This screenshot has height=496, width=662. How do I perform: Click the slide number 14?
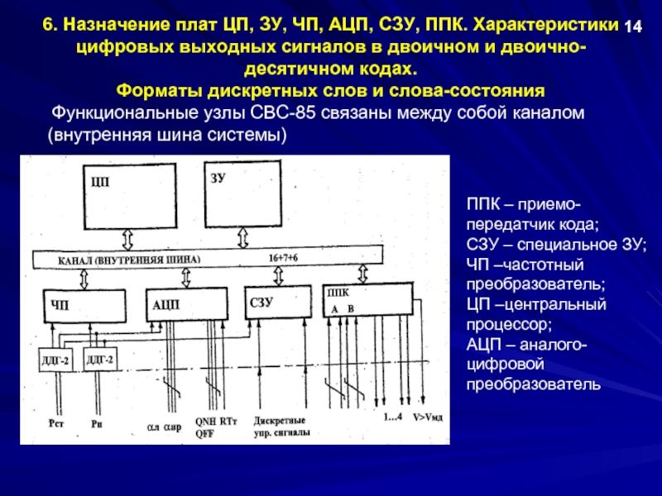tap(633, 26)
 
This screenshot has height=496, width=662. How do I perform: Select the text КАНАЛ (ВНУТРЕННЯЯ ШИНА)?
tap(128, 260)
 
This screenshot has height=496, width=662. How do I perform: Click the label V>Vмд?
tap(428, 417)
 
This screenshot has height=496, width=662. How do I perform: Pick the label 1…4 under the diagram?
tap(391, 417)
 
